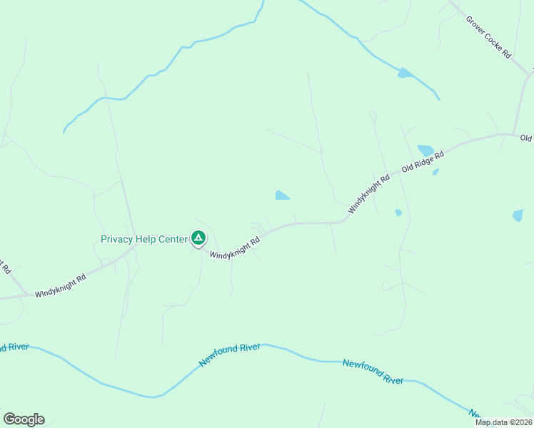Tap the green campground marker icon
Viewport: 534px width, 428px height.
(198, 238)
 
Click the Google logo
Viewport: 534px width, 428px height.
(24, 419)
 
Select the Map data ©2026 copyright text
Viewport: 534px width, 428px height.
(503, 422)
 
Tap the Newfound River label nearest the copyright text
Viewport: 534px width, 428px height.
(373, 372)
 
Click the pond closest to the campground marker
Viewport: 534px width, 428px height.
(283, 195)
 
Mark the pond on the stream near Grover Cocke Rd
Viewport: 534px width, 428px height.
(405, 73)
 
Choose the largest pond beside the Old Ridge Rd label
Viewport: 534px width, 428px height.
(425, 151)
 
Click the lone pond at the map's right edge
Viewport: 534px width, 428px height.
(518, 215)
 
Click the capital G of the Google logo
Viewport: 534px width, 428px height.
(9, 419)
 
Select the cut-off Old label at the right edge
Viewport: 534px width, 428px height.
(527, 138)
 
